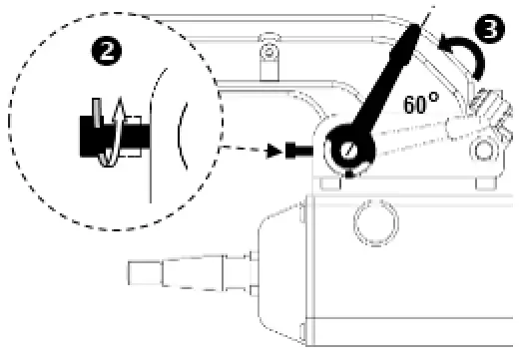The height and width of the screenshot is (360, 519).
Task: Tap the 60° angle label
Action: click(423, 104)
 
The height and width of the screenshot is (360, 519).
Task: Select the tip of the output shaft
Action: click(140, 268)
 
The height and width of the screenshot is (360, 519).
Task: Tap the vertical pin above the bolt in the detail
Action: click(95, 110)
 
